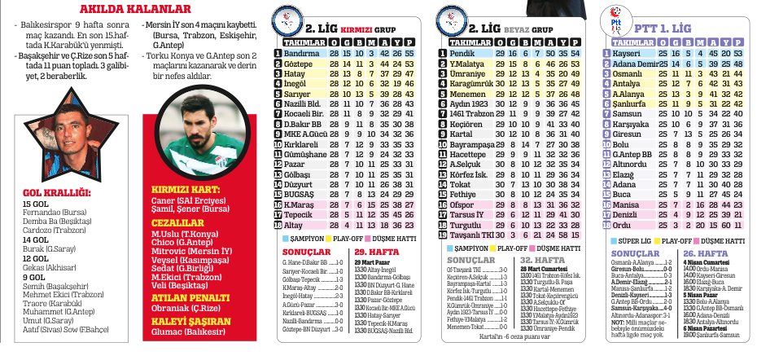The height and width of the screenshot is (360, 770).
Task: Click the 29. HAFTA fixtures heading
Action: click(x=374, y=252)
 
